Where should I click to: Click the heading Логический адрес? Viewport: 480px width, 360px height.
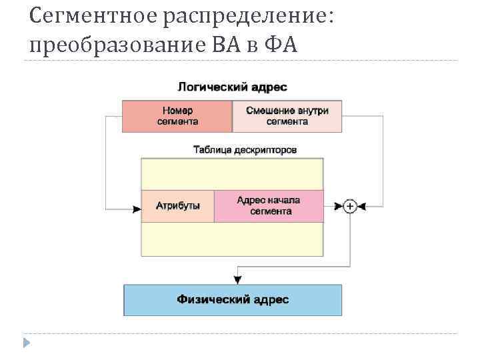coord(232,87)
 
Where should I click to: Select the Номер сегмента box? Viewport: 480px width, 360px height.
coord(177,116)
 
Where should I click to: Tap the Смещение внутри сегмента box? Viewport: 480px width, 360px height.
coord(287,116)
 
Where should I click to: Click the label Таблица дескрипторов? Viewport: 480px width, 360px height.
coord(245,150)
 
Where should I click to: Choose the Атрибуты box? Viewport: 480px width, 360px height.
coord(178,206)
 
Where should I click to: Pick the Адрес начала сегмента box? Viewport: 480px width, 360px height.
coord(269,206)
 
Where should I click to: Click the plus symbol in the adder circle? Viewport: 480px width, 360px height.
coord(350,207)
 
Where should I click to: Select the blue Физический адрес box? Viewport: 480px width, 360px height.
coord(233,300)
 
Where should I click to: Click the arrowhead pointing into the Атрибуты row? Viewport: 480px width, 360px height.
coord(137,209)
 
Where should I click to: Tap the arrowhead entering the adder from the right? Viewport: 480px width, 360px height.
coord(362,207)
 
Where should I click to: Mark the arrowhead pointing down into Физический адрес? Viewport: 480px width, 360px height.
coord(238,279)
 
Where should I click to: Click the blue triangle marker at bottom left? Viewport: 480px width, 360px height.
coord(26,343)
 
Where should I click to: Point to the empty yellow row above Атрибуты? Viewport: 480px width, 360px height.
coord(232,174)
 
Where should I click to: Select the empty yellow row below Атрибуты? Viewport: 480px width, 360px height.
coord(232,239)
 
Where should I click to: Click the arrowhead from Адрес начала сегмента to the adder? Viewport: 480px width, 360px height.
coord(338,207)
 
